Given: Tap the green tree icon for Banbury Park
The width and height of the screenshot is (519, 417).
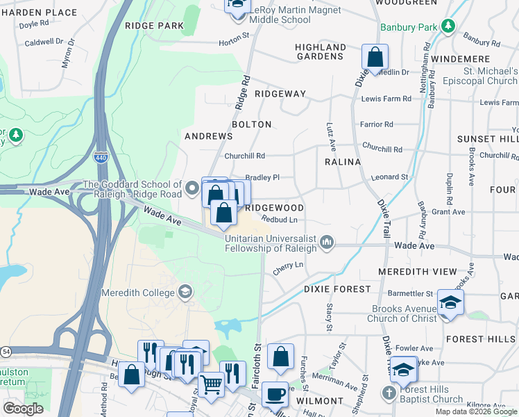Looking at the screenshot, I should pos(449,27).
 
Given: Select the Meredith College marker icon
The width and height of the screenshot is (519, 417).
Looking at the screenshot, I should pos(185,291).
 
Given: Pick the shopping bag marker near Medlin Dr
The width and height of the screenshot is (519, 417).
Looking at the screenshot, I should pos(375,58).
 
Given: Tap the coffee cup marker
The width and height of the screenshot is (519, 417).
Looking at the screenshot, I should pos(275,395).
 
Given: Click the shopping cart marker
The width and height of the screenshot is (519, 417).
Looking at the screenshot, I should pos(211,384).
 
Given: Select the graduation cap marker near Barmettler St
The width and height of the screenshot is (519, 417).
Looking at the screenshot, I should pos(450,303).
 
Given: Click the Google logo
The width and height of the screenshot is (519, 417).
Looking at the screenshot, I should pos(23,409).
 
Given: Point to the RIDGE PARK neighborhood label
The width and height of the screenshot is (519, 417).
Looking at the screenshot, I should pos(155,26).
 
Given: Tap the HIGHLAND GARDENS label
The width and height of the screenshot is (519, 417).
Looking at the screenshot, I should pos(321,51).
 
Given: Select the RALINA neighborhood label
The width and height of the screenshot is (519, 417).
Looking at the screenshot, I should pos(343,162).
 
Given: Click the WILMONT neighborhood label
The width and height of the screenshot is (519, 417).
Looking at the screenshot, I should pos(321,401).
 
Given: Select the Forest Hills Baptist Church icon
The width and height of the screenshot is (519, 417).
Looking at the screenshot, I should pos(389,393).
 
